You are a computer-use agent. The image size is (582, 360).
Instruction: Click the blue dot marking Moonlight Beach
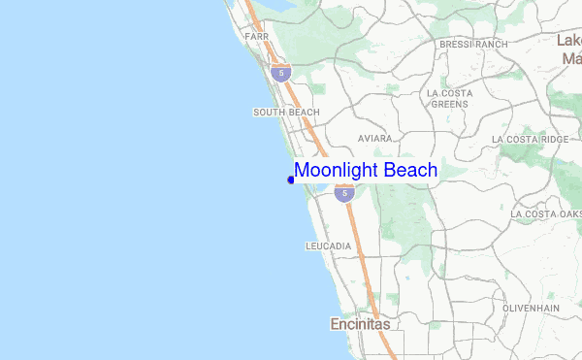point(291,180)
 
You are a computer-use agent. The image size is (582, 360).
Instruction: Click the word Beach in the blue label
point(411,171)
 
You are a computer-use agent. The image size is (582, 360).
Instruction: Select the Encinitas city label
point(359,324)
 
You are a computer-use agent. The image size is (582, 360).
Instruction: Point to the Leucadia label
point(328,246)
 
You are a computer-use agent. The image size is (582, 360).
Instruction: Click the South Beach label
point(286,113)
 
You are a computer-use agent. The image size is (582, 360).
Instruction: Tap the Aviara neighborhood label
point(374,139)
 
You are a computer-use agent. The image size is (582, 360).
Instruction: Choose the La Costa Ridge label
point(531,140)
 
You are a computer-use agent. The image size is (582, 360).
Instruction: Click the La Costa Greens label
point(450,98)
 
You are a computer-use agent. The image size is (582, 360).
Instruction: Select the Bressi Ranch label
point(473,45)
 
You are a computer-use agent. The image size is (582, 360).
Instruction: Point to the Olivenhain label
point(533,308)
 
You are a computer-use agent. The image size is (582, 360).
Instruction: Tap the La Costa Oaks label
point(545,213)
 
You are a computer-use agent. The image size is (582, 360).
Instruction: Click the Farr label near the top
point(256,36)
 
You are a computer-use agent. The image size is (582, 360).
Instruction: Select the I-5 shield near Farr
point(281,72)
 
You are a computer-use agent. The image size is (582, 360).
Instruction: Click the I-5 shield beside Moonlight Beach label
point(343,194)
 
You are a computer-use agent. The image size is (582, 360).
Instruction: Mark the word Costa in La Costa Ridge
point(524,140)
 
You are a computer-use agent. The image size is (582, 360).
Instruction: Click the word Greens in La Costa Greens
point(450,104)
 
